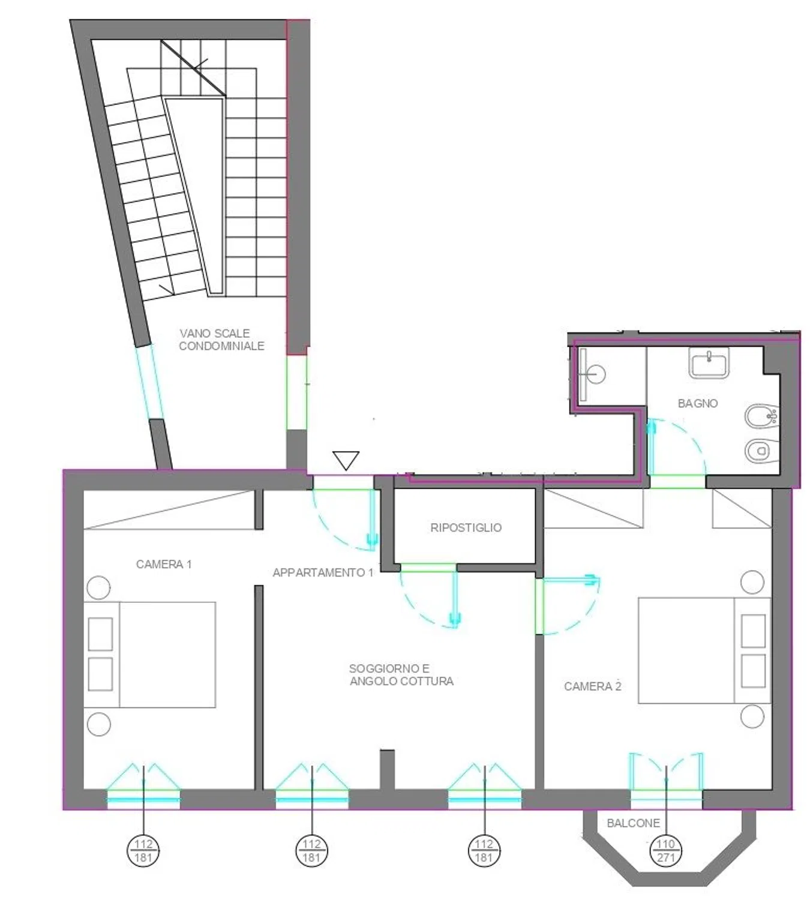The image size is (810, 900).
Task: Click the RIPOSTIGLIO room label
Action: coord(466,527)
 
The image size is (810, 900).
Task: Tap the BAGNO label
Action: coord(698,403)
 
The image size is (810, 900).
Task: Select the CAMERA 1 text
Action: coord(164,564)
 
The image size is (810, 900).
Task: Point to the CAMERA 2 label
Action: coord(593,686)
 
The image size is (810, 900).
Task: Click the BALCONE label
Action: coord(633,823)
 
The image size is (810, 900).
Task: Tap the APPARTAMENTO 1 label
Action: coord(323,572)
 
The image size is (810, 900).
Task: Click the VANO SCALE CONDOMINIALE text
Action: coord(221,340)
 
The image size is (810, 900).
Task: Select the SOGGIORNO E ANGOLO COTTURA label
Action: coord(401,675)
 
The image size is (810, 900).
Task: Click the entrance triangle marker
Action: coord(346,460)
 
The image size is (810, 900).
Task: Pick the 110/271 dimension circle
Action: coord(666,851)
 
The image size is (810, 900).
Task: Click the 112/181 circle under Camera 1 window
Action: coord(143,851)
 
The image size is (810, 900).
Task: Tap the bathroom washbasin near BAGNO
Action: coord(709,363)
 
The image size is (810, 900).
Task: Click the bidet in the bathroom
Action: coord(761,417)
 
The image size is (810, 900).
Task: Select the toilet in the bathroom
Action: coord(761,450)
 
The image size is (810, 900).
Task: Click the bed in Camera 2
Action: coord(704,650)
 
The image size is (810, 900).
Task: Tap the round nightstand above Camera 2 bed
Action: coord(752,583)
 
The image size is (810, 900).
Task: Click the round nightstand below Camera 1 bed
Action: coord(99,724)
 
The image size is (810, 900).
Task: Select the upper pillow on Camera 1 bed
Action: coord(100,634)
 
